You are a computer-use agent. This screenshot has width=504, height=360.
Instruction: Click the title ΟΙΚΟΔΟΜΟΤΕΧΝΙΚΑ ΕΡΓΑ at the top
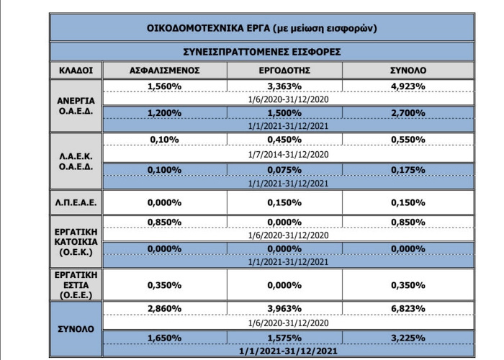tap(261, 28)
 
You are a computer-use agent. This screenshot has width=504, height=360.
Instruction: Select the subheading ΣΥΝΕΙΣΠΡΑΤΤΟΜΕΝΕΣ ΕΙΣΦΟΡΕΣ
tap(261, 52)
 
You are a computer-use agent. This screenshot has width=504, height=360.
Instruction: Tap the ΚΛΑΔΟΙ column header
tap(76, 71)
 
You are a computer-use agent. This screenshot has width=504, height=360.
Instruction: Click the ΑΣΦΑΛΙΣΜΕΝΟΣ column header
tap(164, 71)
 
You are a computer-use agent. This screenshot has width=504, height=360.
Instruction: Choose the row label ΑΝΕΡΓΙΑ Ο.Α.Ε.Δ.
tap(76, 106)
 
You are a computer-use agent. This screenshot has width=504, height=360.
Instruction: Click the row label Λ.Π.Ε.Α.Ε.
tap(76, 202)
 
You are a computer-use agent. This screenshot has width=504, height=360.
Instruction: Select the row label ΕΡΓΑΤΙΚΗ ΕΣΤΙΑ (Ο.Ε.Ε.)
tap(76, 284)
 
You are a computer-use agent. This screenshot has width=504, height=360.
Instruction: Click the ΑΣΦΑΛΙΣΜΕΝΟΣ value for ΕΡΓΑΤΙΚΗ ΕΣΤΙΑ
tap(164, 284)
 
